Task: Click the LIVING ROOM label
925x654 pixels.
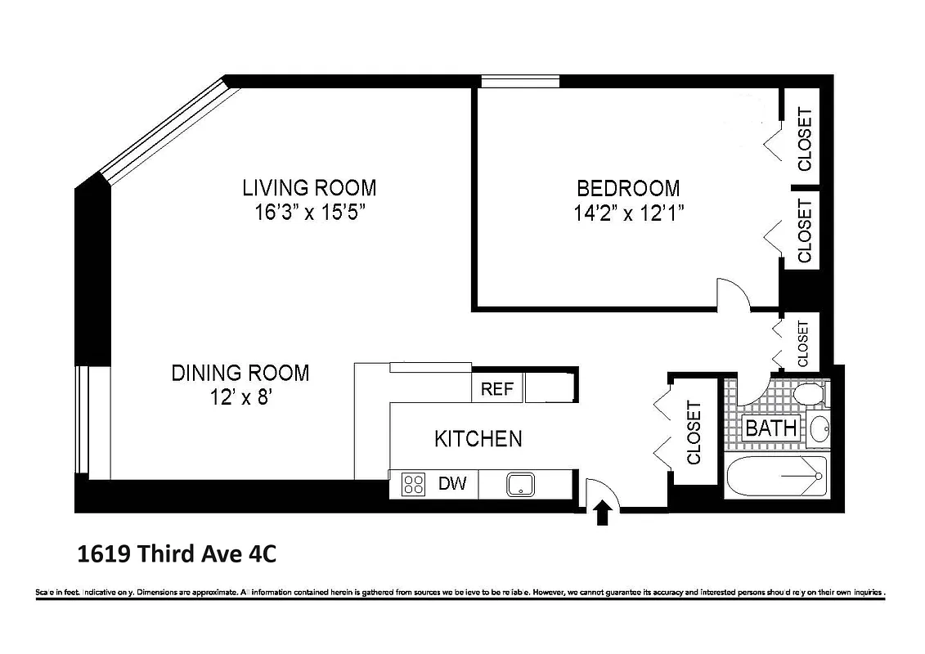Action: tap(309, 188)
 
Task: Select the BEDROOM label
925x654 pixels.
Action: tap(628, 189)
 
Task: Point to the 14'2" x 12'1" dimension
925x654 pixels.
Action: tap(628, 214)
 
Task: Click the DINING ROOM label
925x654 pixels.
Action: tap(240, 374)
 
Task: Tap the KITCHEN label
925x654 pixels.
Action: tap(478, 439)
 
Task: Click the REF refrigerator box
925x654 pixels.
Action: tap(497, 389)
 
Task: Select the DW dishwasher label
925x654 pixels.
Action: tap(452, 484)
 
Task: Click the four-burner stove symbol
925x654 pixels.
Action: tap(414, 484)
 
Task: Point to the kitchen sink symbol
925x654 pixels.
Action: tap(520, 484)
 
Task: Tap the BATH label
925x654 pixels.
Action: tap(771, 428)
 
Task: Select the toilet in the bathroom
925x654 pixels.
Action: tap(810, 393)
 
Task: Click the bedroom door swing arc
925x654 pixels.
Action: tap(734, 293)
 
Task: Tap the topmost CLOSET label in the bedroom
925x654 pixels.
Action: tap(806, 140)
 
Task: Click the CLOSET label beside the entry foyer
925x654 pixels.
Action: tap(694, 432)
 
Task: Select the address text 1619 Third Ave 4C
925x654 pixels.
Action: tap(177, 555)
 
